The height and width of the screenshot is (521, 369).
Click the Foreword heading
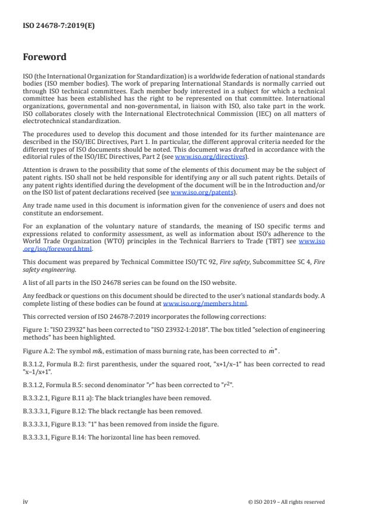pos(45,58)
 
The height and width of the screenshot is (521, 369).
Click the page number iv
pos(26,501)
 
